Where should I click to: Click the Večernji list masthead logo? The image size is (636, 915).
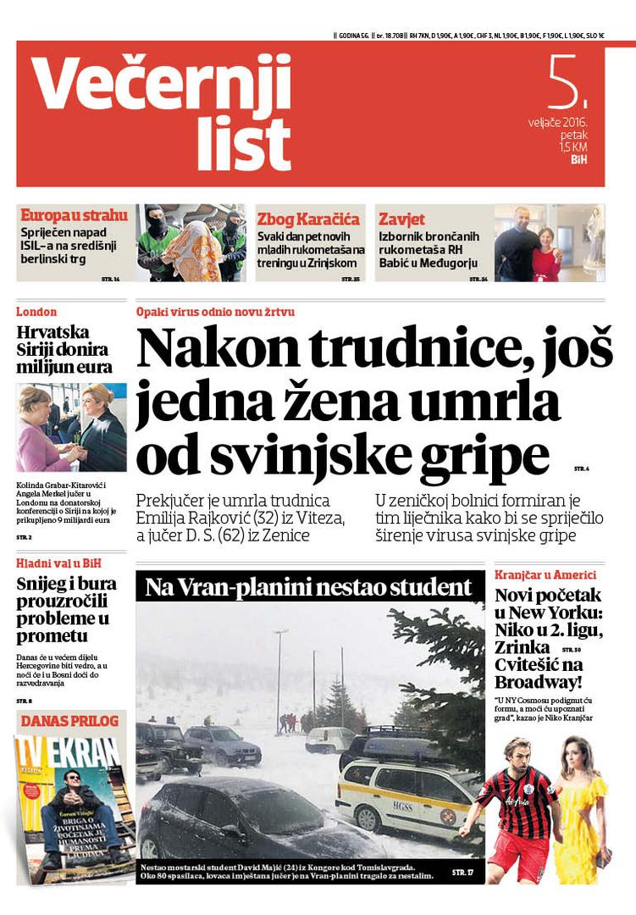161,112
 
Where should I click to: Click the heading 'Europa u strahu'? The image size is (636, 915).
74,216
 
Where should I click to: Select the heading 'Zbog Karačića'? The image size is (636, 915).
308,219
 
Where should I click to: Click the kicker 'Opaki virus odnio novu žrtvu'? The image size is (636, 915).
215,312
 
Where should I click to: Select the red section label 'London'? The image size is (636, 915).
36,312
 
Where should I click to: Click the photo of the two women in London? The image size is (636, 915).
71,427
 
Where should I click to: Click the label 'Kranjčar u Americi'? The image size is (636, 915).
550,574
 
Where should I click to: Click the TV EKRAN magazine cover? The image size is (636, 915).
73,805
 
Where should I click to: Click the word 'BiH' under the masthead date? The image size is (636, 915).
579,158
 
